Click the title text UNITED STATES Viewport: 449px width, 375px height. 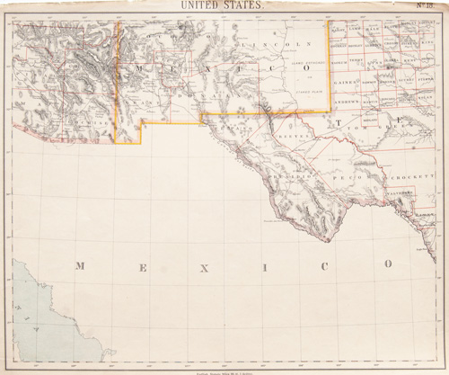[222, 5]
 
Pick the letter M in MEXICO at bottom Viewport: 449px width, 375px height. [80, 266]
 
